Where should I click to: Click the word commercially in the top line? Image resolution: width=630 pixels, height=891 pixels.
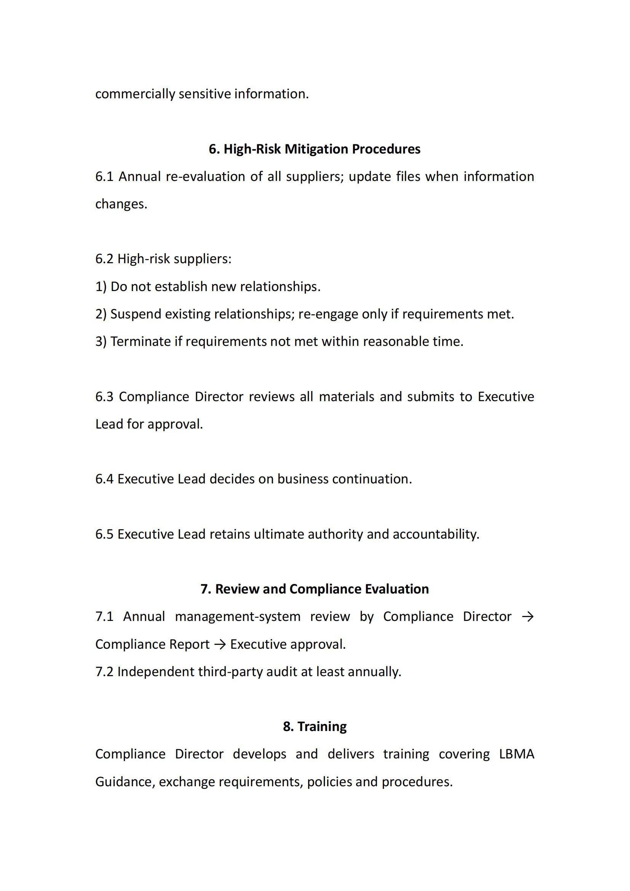(x=135, y=94)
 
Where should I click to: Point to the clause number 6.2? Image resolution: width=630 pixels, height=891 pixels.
(x=104, y=259)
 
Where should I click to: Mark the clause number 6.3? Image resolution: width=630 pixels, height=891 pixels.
(x=104, y=397)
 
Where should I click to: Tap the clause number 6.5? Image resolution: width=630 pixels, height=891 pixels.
(x=104, y=534)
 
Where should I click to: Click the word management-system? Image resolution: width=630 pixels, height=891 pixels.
(x=237, y=617)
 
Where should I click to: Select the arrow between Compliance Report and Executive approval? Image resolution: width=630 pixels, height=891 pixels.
(x=220, y=644)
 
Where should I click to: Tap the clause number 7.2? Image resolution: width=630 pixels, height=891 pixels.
(x=104, y=672)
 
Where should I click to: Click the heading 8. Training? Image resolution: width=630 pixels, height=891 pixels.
(x=315, y=726)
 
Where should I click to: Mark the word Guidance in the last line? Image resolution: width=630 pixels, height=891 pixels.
(x=125, y=782)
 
